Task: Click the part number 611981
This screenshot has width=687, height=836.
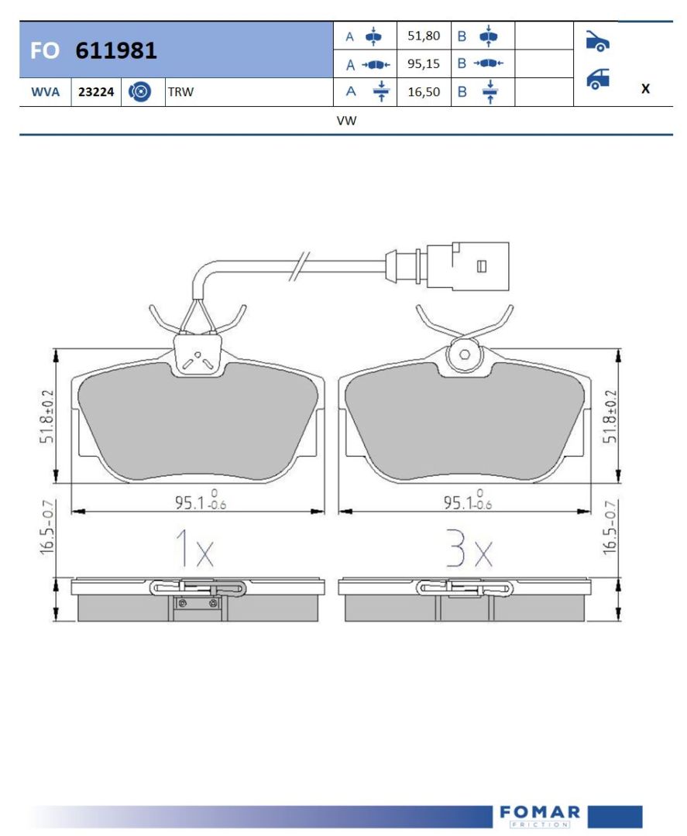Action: click(116, 50)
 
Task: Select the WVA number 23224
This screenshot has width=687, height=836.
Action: click(96, 91)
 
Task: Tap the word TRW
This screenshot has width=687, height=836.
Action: click(180, 91)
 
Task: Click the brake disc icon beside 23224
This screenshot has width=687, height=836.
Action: click(139, 91)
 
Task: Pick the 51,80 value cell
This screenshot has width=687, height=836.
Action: click(424, 36)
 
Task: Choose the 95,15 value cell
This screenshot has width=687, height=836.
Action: click(424, 64)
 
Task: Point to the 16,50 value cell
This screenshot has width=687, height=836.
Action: click(424, 91)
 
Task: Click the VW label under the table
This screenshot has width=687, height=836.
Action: click(346, 121)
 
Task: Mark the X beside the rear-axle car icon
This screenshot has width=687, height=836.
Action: click(645, 88)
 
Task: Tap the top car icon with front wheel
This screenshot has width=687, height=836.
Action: click(597, 41)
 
